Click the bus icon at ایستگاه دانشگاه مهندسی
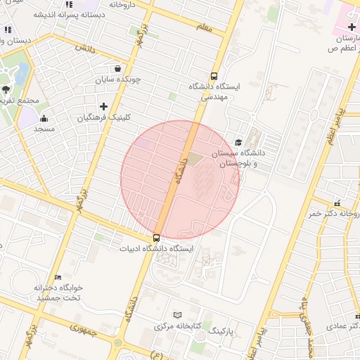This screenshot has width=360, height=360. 214,77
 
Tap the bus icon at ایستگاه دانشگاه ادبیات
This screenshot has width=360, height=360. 156,238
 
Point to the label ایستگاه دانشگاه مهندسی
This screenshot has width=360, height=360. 214,91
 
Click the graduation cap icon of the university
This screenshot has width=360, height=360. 238,143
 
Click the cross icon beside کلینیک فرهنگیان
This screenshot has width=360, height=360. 103,106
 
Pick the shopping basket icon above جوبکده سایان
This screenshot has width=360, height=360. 117,68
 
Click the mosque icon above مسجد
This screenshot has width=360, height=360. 44,118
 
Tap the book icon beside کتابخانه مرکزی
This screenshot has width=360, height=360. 176,315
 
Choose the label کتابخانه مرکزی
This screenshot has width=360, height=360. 179,326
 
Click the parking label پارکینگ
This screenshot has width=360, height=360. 221,329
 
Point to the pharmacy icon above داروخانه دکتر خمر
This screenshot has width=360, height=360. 337,202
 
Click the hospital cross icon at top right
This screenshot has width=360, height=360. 351,27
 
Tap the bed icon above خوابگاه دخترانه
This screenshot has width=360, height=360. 58,277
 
